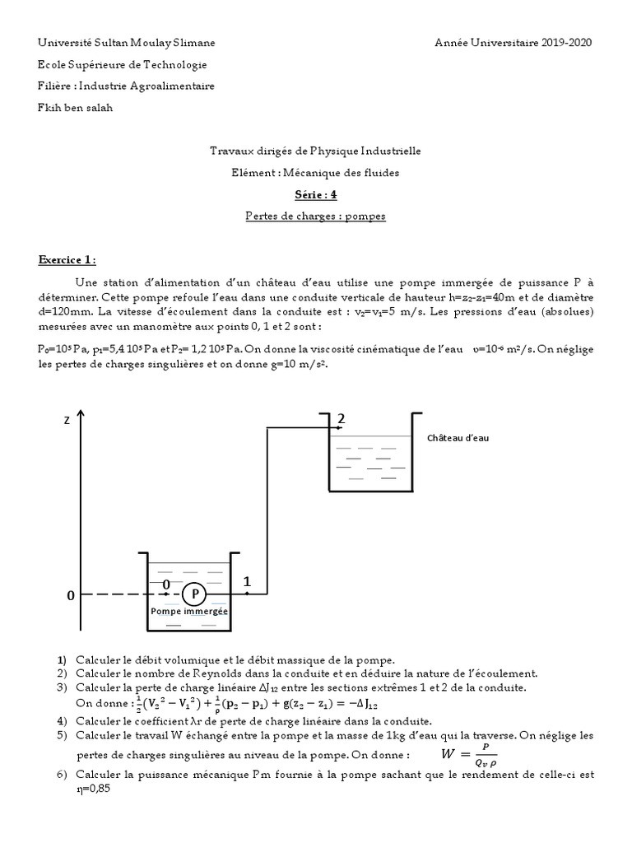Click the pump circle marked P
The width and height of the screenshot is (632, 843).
(x=195, y=594)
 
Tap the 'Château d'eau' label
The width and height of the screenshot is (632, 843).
(x=458, y=438)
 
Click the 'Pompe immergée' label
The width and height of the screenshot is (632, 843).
(x=189, y=612)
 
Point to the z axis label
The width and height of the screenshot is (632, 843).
(x=67, y=420)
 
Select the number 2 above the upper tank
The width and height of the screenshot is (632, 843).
(x=339, y=419)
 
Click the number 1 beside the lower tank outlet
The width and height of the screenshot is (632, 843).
(x=246, y=581)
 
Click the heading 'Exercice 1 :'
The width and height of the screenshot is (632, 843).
(x=67, y=260)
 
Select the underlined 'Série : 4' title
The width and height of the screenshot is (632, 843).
(x=316, y=195)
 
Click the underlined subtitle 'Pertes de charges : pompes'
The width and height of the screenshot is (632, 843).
(x=316, y=217)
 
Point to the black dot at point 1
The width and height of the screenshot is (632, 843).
(x=246, y=594)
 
